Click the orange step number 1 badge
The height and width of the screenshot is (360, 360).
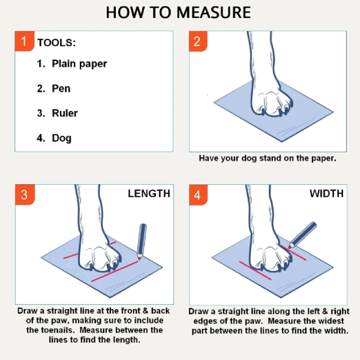pyautogui.click(x=24, y=41)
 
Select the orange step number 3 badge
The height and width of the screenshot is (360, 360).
pyautogui.click(x=24, y=195)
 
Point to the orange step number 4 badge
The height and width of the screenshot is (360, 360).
pyautogui.click(x=198, y=195)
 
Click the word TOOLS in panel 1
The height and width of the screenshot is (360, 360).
pyautogui.click(x=56, y=43)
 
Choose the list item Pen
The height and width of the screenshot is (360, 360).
pyautogui.click(x=61, y=88)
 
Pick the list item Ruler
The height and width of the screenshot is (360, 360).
pyautogui.click(x=65, y=113)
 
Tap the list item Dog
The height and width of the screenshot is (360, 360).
pyautogui.click(x=62, y=138)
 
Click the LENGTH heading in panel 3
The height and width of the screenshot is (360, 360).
pyautogui.click(x=149, y=194)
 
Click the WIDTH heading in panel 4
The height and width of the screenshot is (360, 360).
pyautogui.click(x=326, y=194)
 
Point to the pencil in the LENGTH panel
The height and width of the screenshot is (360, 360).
pyautogui.click(x=142, y=241)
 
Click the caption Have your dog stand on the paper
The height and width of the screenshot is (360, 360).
pyautogui.click(x=268, y=159)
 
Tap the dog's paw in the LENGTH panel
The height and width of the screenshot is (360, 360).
pyautogui.click(x=100, y=255)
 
